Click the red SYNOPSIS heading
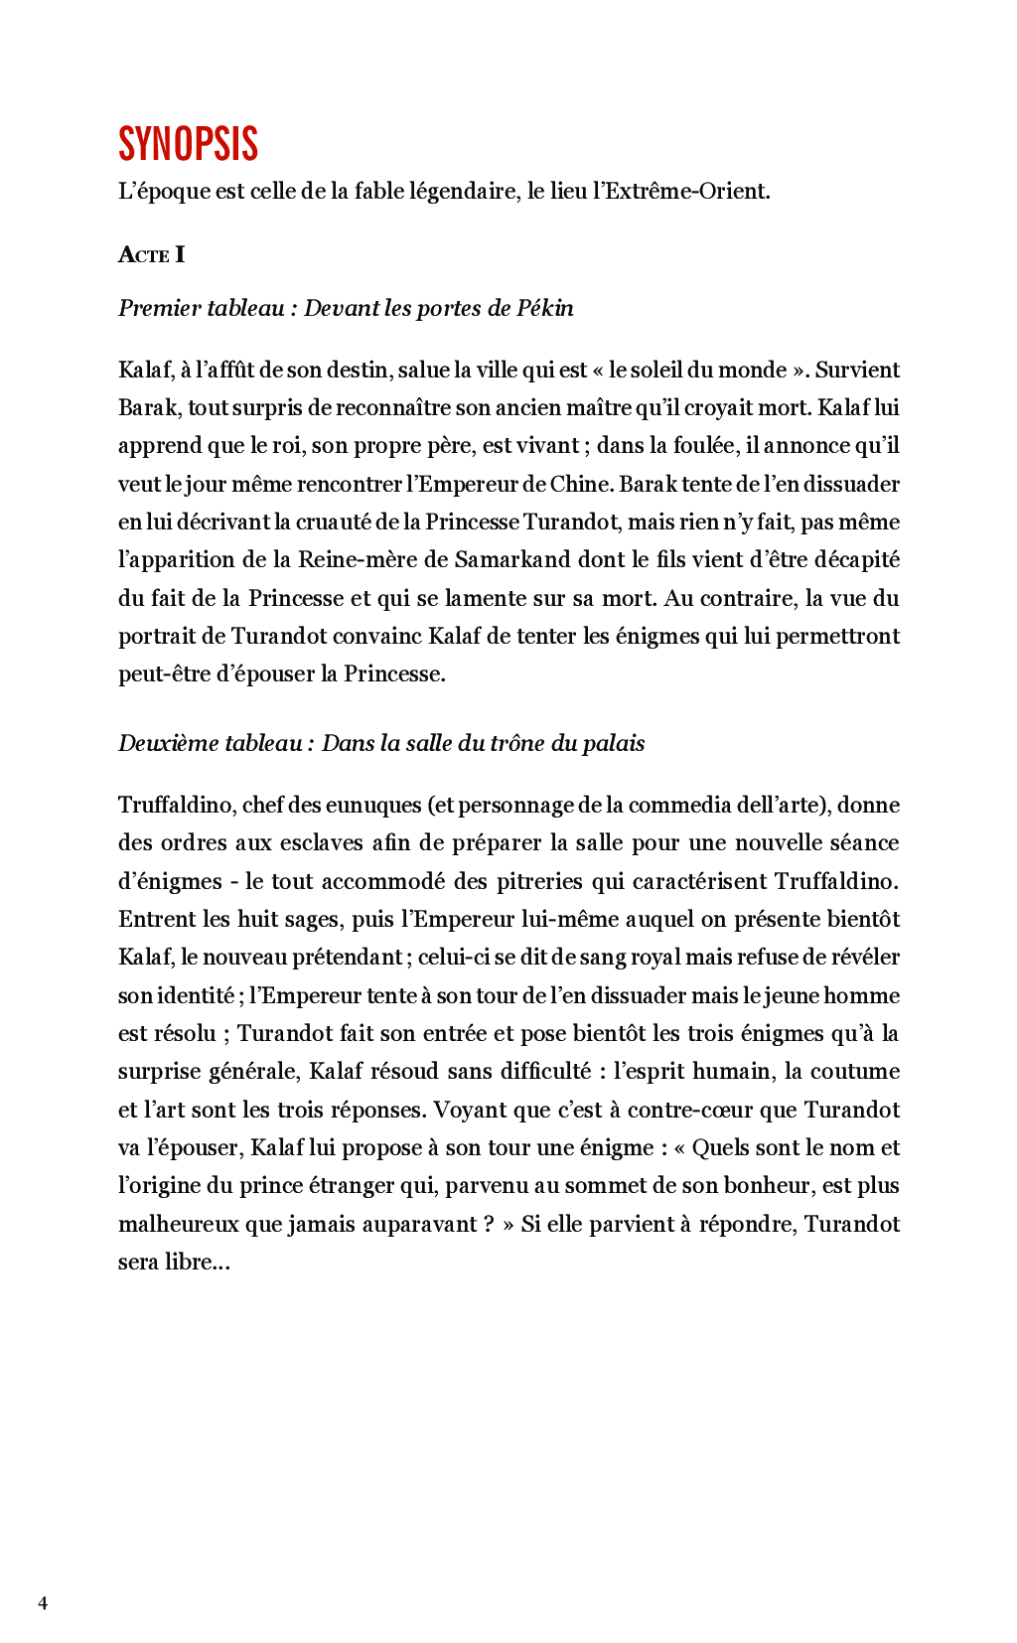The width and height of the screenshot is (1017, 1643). click(x=188, y=144)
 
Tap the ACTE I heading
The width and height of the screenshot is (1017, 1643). click(x=151, y=255)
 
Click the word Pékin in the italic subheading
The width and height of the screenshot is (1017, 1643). click(x=544, y=308)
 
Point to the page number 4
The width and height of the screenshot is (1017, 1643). click(x=43, y=1602)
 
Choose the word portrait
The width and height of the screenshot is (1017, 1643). click(x=158, y=636)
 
